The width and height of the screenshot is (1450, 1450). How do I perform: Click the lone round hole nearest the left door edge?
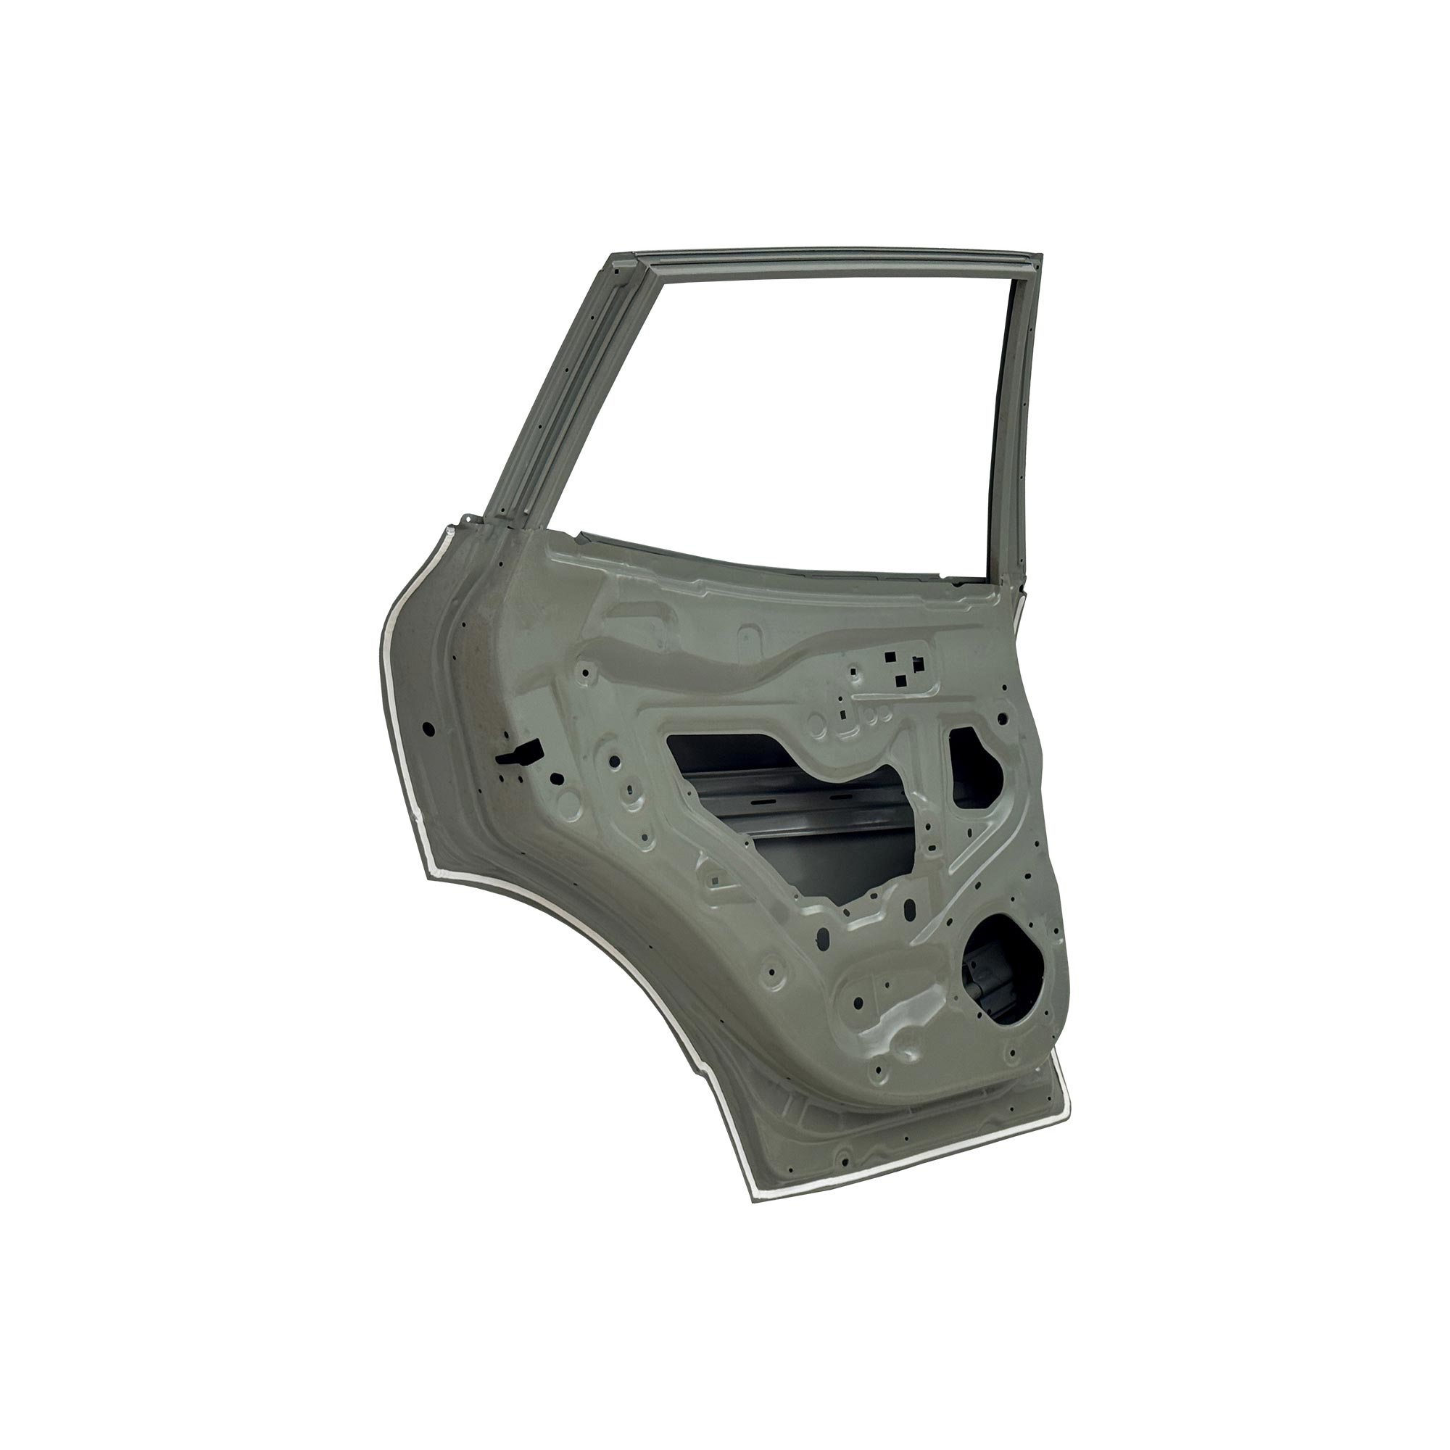tap(428, 727)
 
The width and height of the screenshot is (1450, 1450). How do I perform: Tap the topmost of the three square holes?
tap(890, 657)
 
